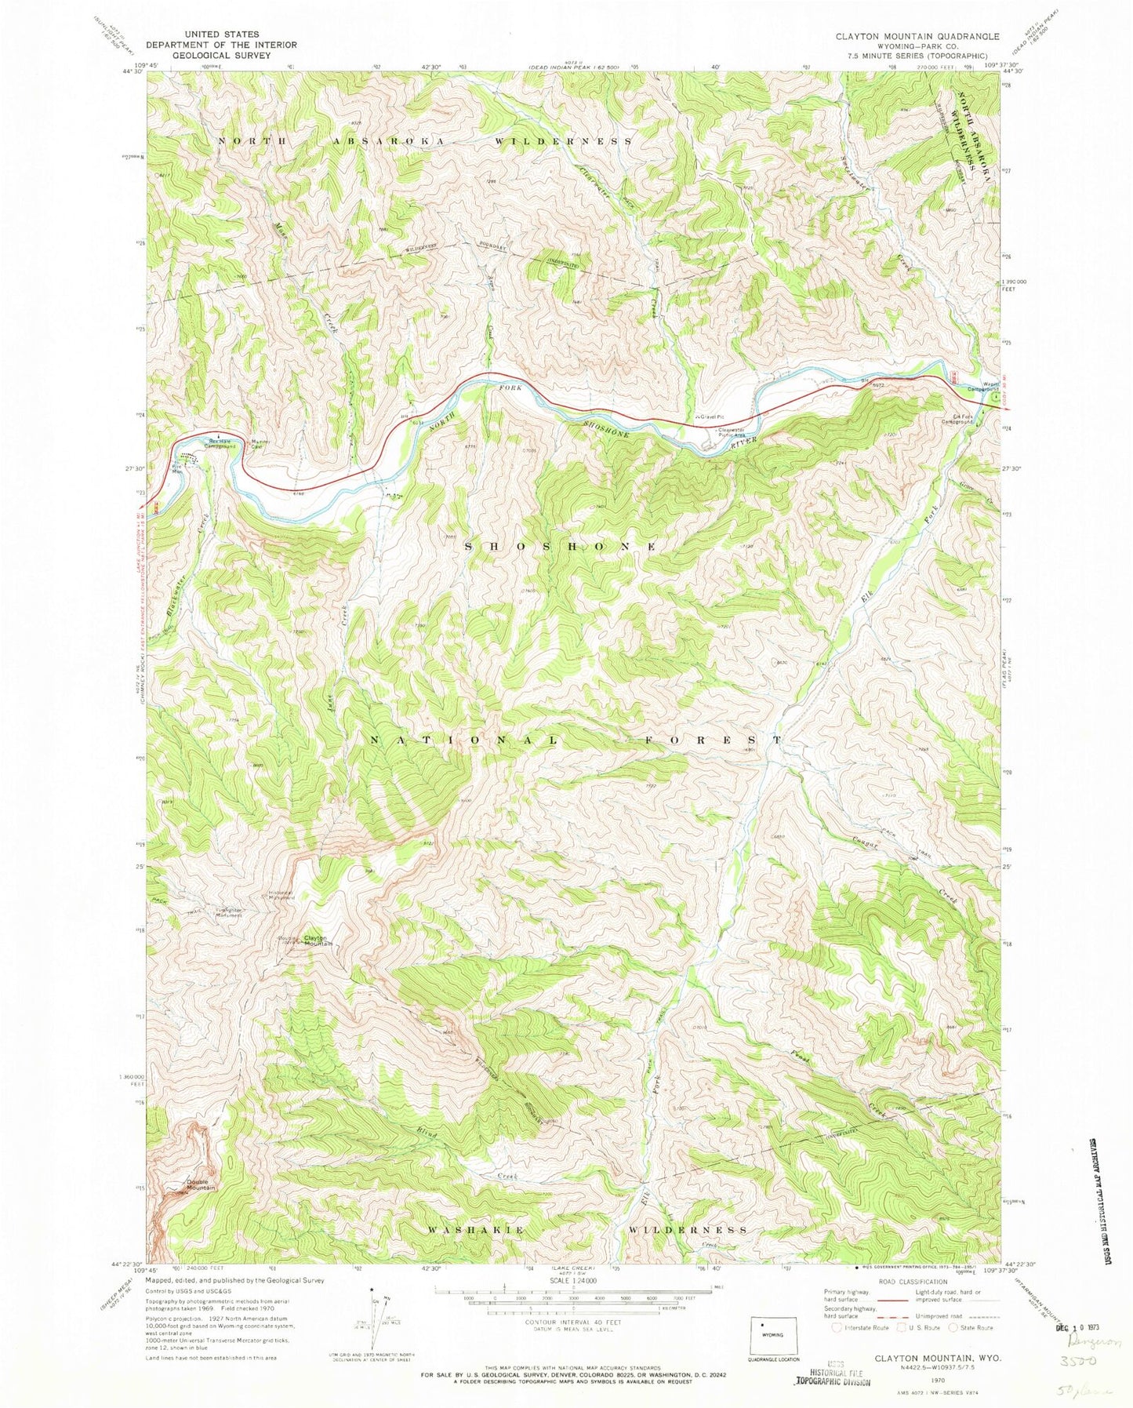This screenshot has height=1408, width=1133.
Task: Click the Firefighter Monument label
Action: click(x=229, y=912)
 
